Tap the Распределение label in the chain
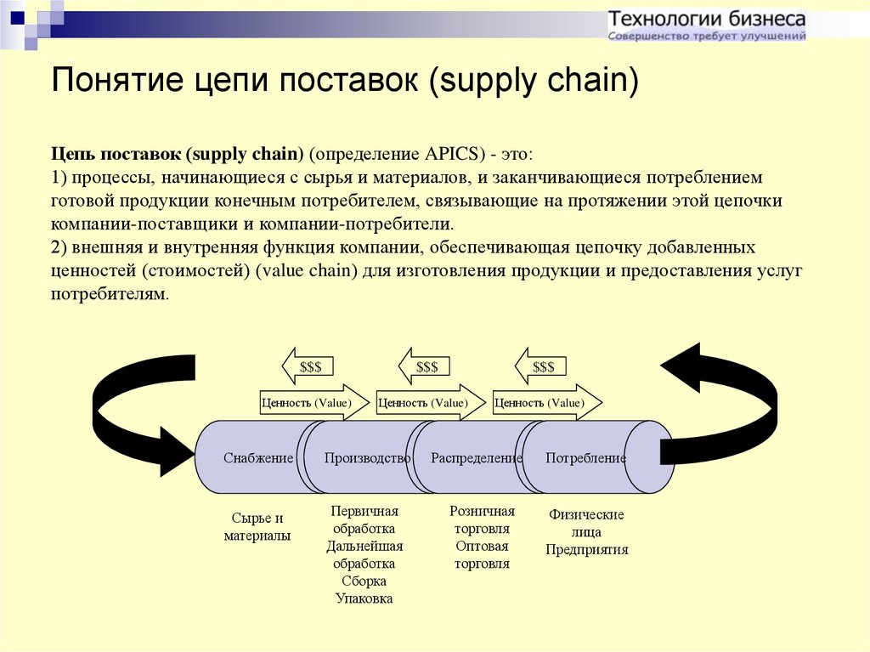click(x=476, y=458)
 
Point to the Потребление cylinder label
click(x=585, y=458)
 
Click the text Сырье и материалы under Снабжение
click(x=257, y=527)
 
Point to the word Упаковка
click(x=364, y=598)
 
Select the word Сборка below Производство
click(x=364, y=581)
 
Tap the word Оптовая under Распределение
click(x=482, y=546)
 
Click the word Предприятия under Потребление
click(x=587, y=549)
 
